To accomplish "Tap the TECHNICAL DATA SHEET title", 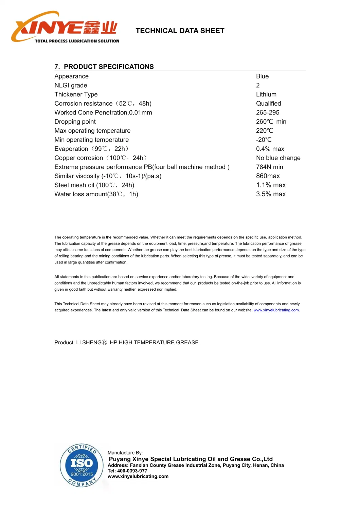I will tap(180, 31).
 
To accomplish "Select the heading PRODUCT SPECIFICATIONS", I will tap(108, 67).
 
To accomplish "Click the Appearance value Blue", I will tap(262, 76).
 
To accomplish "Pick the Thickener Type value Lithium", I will tap(266, 94).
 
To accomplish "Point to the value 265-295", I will tap(268, 112).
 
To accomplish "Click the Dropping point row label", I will tap(75, 122).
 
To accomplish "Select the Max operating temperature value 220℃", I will tap(264, 131).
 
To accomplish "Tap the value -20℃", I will tap(264, 140).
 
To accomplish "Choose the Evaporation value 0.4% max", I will tap(270, 149).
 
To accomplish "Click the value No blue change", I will tap(278, 158).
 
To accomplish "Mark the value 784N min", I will tap(269, 167).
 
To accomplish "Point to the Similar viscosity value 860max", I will tap(268, 176).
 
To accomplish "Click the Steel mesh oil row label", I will tap(94, 185).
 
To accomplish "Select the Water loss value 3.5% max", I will tap(271, 194).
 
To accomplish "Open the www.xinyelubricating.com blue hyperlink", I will tap(276, 310).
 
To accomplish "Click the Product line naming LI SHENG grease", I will tap(126, 342).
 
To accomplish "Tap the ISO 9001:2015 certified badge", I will tap(82, 465).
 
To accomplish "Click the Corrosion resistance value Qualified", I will tap(268, 104).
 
